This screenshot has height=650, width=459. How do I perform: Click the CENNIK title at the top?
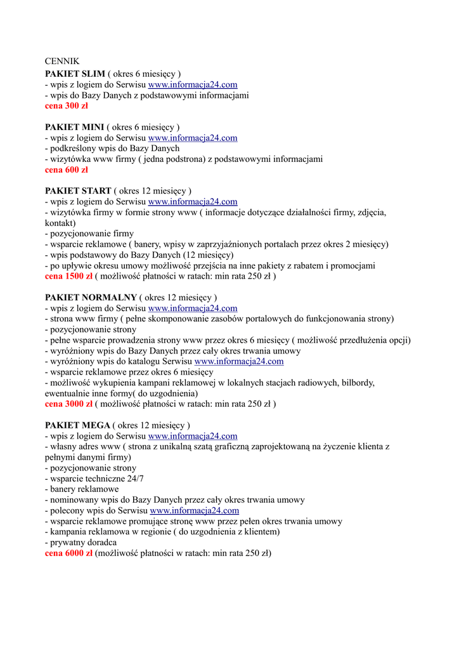62,62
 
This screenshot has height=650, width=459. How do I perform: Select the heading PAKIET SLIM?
75,74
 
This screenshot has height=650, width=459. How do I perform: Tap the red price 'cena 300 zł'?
67,106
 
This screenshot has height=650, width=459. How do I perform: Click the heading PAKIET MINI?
74,127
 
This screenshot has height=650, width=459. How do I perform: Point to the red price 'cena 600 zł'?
67,170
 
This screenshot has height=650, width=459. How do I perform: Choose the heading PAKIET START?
78,191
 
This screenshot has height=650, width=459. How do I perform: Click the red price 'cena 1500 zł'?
69,277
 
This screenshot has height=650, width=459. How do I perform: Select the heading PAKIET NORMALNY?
91,298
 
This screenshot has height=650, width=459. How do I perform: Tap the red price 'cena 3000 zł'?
69,404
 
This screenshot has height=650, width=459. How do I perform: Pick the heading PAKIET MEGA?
77,425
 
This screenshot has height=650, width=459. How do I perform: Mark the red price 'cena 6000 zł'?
69,554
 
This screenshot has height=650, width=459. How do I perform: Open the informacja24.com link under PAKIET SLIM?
193,84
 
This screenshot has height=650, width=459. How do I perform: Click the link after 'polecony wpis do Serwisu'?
195,510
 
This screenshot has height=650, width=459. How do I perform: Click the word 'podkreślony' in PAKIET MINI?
73,149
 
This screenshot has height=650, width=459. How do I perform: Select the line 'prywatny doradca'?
81,543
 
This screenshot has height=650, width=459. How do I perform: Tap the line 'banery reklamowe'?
82,489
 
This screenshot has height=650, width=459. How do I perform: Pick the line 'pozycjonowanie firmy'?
89,234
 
